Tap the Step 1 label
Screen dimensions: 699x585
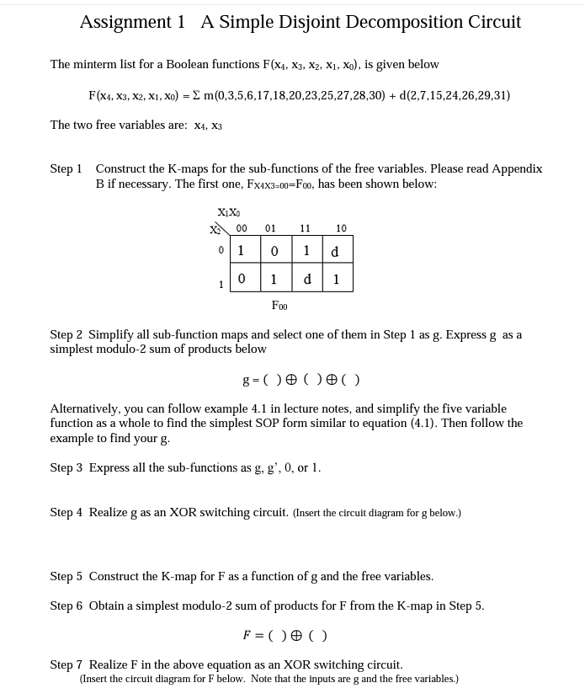click(x=66, y=168)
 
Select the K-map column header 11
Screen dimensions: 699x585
click(x=305, y=228)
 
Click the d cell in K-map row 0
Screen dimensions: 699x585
click(x=335, y=251)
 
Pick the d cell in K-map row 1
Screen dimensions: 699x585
click(x=306, y=279)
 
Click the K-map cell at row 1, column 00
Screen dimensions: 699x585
click(x=242, y=279)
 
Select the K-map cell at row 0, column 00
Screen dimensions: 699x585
click(x=242, y=251)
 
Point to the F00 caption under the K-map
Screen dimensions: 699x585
click(x=279, y=305)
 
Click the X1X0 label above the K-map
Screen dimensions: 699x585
click(x=228, y=212)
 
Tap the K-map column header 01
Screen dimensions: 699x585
click(x=270, y=228)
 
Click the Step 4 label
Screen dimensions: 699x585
click(x=66, y=512)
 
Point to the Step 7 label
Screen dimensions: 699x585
click(x=66, y=664)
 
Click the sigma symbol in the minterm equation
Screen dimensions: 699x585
click(x=196, y=95)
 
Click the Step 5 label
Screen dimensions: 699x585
click(x=66, y=576)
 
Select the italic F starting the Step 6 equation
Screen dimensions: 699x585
click(x=247, y=635)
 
